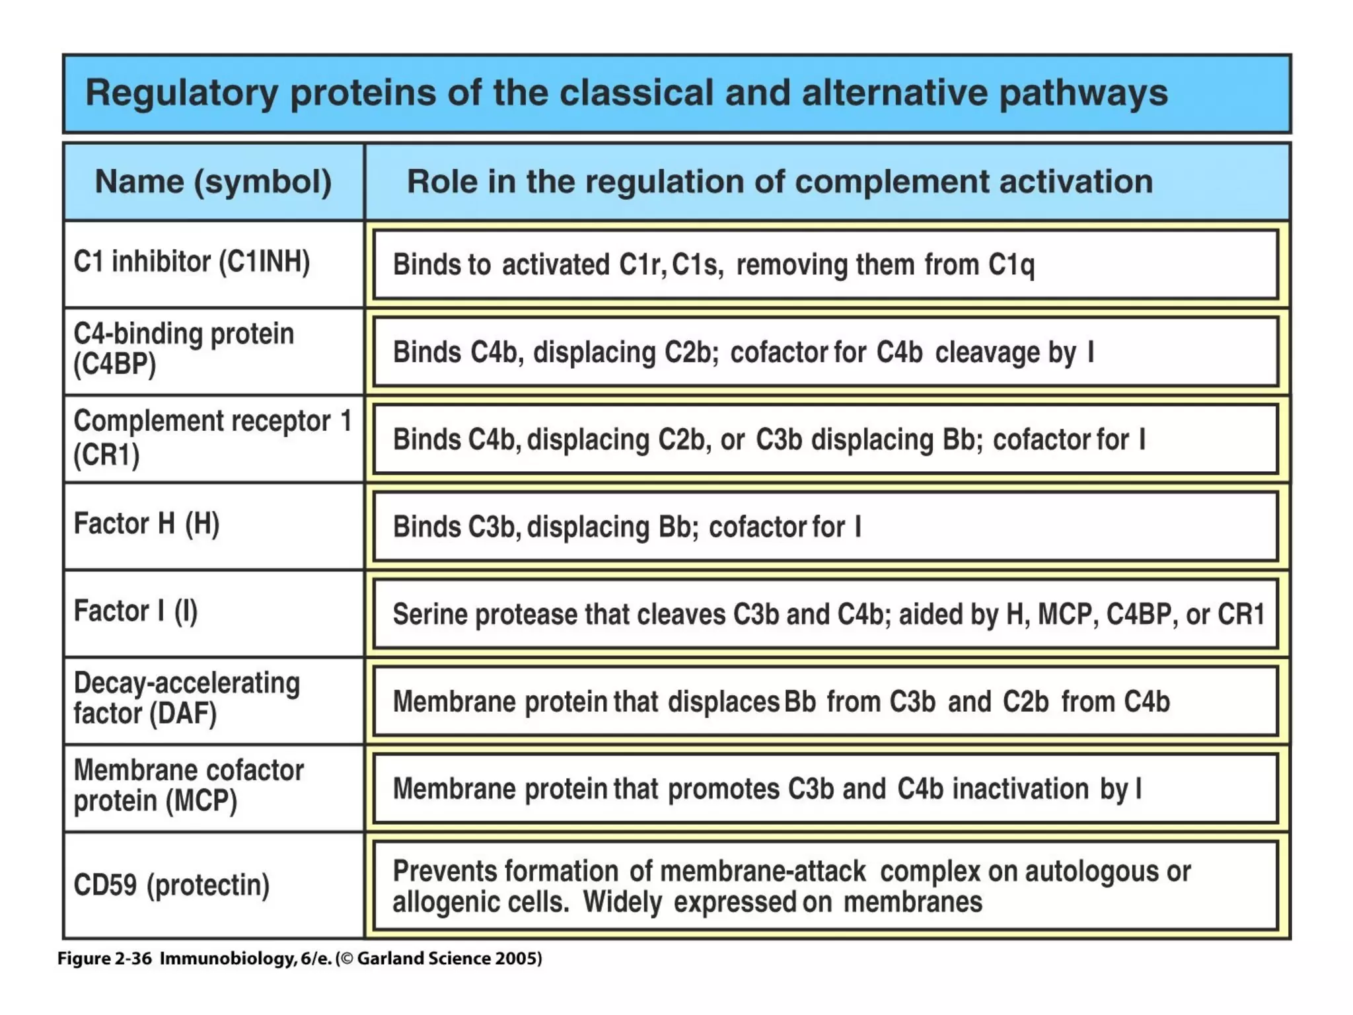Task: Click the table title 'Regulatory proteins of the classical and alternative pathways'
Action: (x=626, y=93)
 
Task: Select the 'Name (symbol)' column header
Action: (x=213, y=182)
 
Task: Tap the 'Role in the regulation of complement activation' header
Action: (x=780, y=182)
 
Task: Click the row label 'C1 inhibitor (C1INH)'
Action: (x=192, y=262)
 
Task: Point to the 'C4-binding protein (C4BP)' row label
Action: (x=184, y=349)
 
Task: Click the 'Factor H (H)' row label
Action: (x=146, y=524)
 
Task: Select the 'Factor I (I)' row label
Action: (x=135, y=611)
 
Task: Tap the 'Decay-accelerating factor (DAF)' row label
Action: (x=186, y=698)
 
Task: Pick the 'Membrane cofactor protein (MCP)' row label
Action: (x=188, y=786)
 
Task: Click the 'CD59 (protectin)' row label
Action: (x=172, y=885)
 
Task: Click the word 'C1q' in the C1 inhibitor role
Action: (x=1011, y=266)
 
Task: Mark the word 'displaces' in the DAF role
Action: (x=723, y=702)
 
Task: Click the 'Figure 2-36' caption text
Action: (x=104, y=959)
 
